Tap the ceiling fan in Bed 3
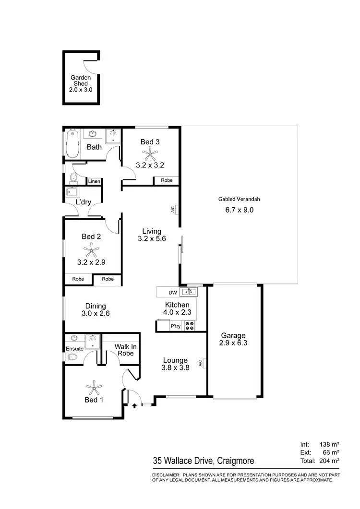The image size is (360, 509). coord(150,154)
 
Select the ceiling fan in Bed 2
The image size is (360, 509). coord(91,249)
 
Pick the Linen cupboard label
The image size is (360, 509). coord(94,181)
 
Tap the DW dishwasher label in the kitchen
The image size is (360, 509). coord(173,292)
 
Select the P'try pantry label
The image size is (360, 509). coord(176,327)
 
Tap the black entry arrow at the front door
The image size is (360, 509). coord(134,405)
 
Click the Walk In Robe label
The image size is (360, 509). coord(124,350)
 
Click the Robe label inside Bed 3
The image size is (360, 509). coord(167,180)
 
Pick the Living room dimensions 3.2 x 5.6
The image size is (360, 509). coord(152,238)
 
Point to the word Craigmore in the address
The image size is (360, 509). coord(236,461)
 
